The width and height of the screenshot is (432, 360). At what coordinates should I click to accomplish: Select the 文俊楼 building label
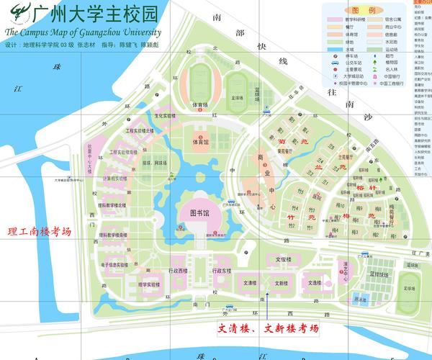[x=282, y=258]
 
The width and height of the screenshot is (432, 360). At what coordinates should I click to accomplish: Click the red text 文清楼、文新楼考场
[x=267, y=328]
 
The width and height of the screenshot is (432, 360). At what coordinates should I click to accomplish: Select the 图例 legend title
[x=365, y=12]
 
